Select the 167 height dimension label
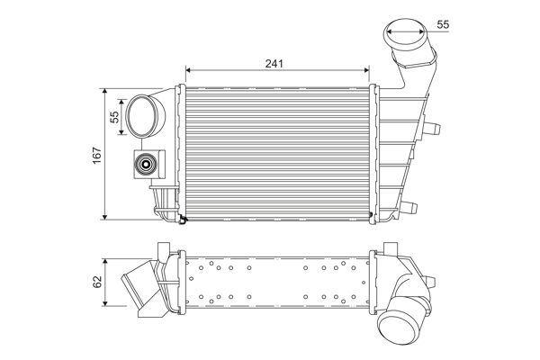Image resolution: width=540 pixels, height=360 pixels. point(95,154)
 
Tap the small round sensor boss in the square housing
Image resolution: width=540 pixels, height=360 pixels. point(144,164)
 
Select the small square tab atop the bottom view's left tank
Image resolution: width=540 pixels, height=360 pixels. point(163,248)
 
